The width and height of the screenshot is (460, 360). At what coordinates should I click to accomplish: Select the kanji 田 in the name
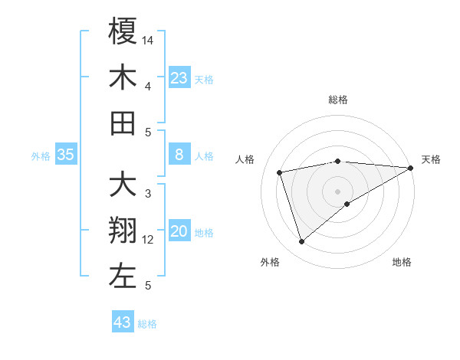click(x=123, y=123)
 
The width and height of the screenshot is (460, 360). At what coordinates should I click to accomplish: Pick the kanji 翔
click(x=123, y=231)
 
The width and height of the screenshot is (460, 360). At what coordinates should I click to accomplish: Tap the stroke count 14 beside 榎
click(x=149, y=39)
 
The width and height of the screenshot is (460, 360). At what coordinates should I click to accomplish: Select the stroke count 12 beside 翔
click(x=149, y=240)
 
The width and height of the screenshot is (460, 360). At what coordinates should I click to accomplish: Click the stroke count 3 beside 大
click(x=148, y=193)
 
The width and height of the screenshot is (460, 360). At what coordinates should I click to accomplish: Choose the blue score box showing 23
click(x=179, y=78)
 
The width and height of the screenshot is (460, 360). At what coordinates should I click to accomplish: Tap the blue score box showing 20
click(x=179, y=232)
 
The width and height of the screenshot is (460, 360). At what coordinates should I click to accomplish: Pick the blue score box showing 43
click(x=123, y=322)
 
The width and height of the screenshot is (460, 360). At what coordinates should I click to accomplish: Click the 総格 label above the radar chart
click(x=337, y=100)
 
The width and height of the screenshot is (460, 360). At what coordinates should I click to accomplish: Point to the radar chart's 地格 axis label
click(x=402, y=262)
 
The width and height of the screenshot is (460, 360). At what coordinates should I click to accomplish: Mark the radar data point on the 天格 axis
click(x=411, y=168)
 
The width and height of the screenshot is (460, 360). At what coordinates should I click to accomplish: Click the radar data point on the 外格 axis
click(x=301, y=242)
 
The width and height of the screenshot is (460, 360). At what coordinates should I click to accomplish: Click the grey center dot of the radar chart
click(x=337, y=190)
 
